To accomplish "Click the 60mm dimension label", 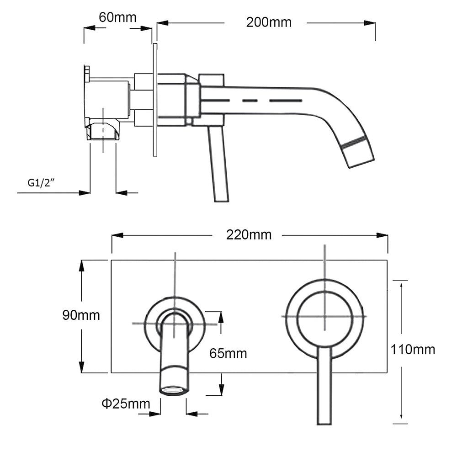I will [117, 17].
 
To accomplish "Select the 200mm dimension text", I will [268, 22].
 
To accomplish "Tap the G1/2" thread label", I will [42, 183].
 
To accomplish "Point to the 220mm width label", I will [249, 235].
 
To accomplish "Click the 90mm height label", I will [81, 315].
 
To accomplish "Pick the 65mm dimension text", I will [228, 353].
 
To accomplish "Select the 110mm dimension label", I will [413, 350].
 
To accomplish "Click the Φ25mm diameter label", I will [126, 404].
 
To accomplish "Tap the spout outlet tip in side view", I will [360, 152].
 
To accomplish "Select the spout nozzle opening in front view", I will [174, 390].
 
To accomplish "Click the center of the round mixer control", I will [324, 316].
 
